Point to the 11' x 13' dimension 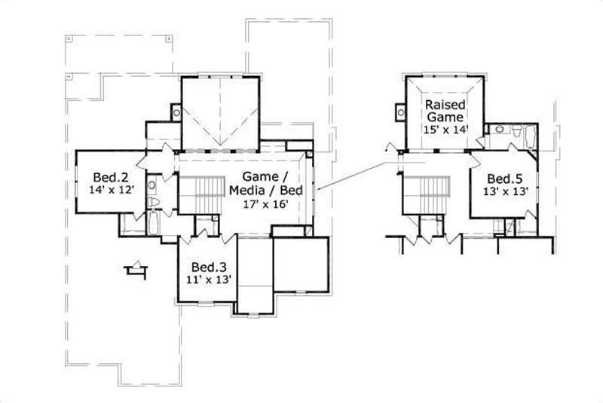click(x=207, y=279)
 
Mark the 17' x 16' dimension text click(x=265, y=203)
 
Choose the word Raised click(x=445, y=104)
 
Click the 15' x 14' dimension click(x=445, y=129)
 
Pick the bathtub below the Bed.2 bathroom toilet click(x=152, y=224)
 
